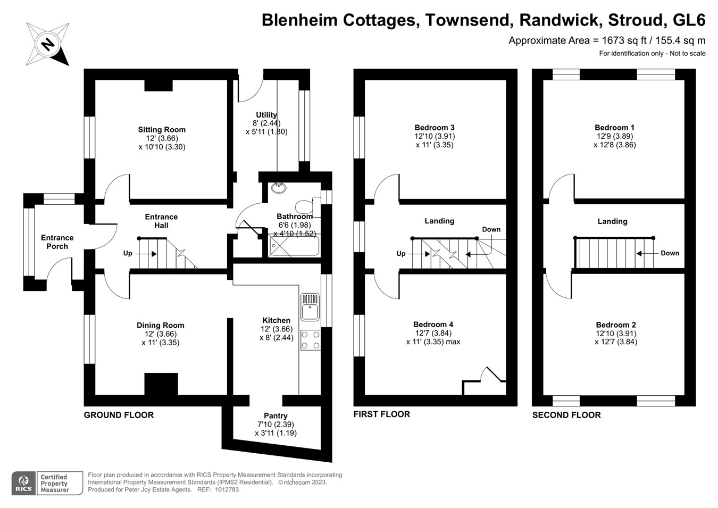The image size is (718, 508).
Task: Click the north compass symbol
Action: point(48,44)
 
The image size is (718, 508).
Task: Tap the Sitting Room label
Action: point(162,130)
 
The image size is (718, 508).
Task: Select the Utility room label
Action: point(266,115)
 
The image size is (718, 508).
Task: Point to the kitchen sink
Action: point(310,307)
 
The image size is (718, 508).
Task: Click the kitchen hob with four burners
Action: point(311,340)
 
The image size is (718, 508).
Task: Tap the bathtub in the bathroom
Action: point(294,246)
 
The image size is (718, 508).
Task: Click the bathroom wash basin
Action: point(278,188)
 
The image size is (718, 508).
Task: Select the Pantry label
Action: point(275,416)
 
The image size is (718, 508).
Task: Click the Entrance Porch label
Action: point(57,242)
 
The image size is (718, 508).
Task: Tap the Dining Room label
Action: point(161,326)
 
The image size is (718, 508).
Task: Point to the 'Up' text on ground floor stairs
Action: point(128,253)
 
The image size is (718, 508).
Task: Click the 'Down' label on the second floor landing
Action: point(670,253)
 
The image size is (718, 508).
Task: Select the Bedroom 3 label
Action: point(435,128)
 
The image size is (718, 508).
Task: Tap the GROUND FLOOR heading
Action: point(119,415)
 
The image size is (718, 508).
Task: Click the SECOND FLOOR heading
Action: point(566,415)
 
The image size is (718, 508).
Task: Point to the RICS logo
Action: point(23,484)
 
